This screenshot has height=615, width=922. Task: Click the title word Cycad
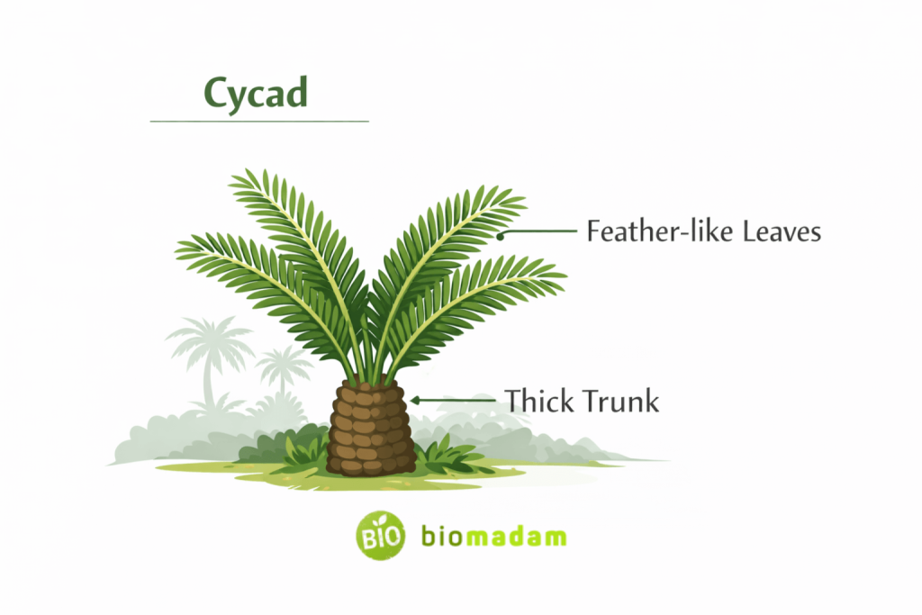click(256, 93)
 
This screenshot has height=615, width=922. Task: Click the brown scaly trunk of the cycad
click(371, 428)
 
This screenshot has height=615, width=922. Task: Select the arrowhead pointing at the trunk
click(416, 400)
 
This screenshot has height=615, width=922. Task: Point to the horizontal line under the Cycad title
click(259, 121)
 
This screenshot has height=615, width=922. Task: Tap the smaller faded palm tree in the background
click(282, 369)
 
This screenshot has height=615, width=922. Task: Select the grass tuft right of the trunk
click(446, 453)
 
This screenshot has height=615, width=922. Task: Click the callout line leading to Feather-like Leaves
click(540, 231)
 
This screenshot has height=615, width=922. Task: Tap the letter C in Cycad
click(216, 93)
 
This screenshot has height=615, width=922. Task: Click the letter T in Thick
click(512, 400)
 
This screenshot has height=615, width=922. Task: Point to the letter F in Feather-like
click(594, 231)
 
